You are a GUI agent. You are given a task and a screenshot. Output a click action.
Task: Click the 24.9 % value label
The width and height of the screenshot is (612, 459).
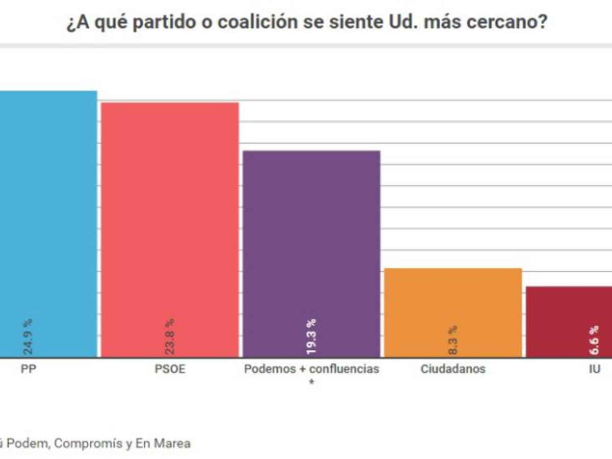pos(28,337)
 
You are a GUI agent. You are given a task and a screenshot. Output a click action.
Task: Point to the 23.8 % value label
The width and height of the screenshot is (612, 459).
pos(170,337)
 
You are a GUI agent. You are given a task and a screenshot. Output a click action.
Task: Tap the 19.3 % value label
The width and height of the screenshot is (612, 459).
pos(312,337)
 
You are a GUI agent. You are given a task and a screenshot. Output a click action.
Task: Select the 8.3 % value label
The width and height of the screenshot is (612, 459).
pos(453,341)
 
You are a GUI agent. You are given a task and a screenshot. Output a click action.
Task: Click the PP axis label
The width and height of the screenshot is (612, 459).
pos(28,369)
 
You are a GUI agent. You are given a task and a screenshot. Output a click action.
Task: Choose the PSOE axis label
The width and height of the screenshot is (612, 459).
pos(170,369)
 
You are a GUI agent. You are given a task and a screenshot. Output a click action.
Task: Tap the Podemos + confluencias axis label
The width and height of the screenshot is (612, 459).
pos(312,369)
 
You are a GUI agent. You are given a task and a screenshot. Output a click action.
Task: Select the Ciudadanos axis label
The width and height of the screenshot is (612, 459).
pos(453,369)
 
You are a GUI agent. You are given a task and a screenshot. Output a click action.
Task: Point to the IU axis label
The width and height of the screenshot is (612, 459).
pos(594,369)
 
